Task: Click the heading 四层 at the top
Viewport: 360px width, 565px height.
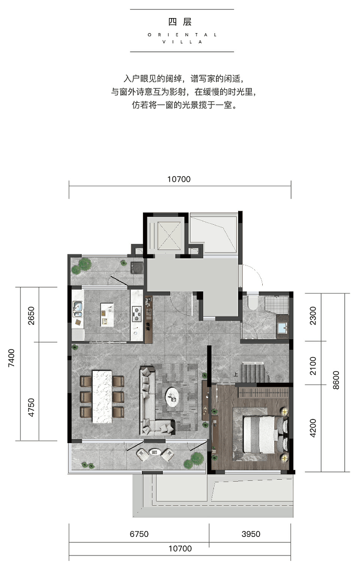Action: coord(180,22)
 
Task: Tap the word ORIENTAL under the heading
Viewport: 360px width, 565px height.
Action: coord(182,35)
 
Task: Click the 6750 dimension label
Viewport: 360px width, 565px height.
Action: coord(139,534)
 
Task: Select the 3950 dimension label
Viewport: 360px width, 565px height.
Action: coord(251,534)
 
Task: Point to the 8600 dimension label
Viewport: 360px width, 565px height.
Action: coord(336,380)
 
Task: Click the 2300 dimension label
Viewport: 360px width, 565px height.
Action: coord(313,316)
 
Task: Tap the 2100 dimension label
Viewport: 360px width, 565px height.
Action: coord(313,366)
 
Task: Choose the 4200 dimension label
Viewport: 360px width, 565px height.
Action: coord(313,428)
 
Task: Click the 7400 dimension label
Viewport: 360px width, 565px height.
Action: coord(12,358)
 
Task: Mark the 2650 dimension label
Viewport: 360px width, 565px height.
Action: coord(31,316)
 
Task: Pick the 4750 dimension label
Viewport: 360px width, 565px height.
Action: coord(31,407)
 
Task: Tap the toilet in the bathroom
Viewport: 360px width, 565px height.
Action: coord(252,302)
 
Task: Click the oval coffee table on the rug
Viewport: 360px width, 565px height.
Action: coord(172,397)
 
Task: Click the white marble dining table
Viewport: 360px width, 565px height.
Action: coord(102,397)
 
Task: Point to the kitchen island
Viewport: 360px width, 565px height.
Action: coord(107,314)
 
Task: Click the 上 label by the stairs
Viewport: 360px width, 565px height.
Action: coord(236,374)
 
